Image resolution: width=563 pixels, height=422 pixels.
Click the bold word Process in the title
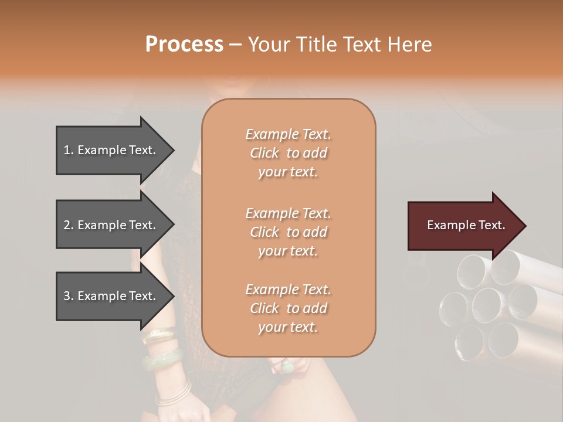(184, 44)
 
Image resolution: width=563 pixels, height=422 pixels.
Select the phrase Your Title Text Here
(340, 45)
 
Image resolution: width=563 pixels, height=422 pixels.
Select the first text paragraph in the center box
(288, 153)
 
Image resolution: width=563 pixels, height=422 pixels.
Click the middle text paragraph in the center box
(288, 232)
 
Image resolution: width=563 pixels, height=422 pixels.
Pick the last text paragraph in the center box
(288, 308)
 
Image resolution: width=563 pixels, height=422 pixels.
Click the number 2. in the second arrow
(69, 225)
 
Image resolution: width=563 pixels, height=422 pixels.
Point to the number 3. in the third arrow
(69, 296)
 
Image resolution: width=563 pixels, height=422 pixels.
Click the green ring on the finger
(288, 367)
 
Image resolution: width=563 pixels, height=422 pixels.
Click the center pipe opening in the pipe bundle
(486, 303)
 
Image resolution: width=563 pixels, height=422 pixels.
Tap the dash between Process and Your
(236, 45)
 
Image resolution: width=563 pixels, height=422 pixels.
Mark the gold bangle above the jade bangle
(158, 335)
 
